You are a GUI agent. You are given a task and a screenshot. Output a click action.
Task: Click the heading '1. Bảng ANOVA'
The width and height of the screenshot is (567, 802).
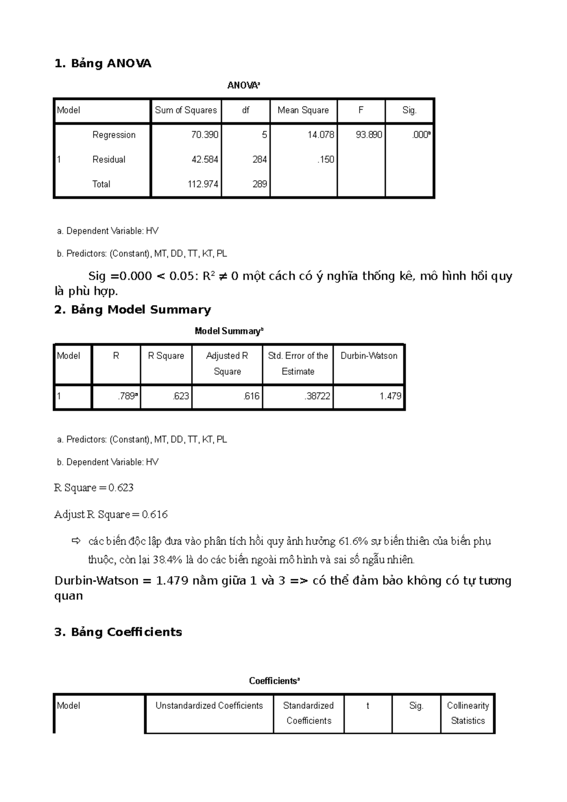click(103, 63)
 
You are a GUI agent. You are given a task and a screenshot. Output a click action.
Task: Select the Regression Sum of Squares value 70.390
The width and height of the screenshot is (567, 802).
click(205, 135)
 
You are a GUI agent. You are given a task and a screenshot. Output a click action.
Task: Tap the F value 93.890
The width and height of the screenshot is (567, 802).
click(369, 135)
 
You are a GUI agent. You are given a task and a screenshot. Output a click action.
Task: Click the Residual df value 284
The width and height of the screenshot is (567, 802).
click(259, 159)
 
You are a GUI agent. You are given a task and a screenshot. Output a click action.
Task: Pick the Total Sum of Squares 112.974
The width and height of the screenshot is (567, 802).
click(203, 184)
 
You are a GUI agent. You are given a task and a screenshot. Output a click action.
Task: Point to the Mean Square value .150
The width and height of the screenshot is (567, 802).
click(326, 159)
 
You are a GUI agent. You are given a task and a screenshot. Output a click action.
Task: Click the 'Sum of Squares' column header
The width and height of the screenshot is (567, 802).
click(186, 110)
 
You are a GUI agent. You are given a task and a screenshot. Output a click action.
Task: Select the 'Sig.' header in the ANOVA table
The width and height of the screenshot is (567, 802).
click(409, 110)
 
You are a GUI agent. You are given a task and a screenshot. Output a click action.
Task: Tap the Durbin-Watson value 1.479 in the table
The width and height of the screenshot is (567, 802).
click(390, 396)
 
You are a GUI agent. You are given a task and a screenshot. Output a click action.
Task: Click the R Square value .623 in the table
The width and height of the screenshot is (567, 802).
click(181, 396)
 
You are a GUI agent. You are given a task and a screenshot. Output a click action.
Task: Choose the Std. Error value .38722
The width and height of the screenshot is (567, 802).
click(317, 396)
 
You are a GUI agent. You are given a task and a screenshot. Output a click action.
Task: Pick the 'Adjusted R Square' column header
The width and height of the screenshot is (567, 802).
click(227, 363)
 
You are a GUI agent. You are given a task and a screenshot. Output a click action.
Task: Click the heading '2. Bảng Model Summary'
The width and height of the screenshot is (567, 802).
click(133, 310)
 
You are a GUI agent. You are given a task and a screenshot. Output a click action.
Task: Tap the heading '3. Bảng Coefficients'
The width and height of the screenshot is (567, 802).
click(118, 632)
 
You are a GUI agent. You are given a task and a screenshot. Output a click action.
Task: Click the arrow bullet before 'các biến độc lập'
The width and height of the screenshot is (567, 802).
click(76, 540)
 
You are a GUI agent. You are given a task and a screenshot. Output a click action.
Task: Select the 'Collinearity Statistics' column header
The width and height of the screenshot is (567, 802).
click(468, 713)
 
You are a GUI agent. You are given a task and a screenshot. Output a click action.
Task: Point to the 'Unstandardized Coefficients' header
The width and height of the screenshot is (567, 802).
click(209, 706)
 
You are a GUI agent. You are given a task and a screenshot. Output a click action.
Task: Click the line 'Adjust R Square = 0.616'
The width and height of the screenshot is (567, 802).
click(111, 514)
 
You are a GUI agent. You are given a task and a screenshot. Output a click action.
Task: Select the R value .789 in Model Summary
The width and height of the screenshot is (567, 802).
click(127, 396)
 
